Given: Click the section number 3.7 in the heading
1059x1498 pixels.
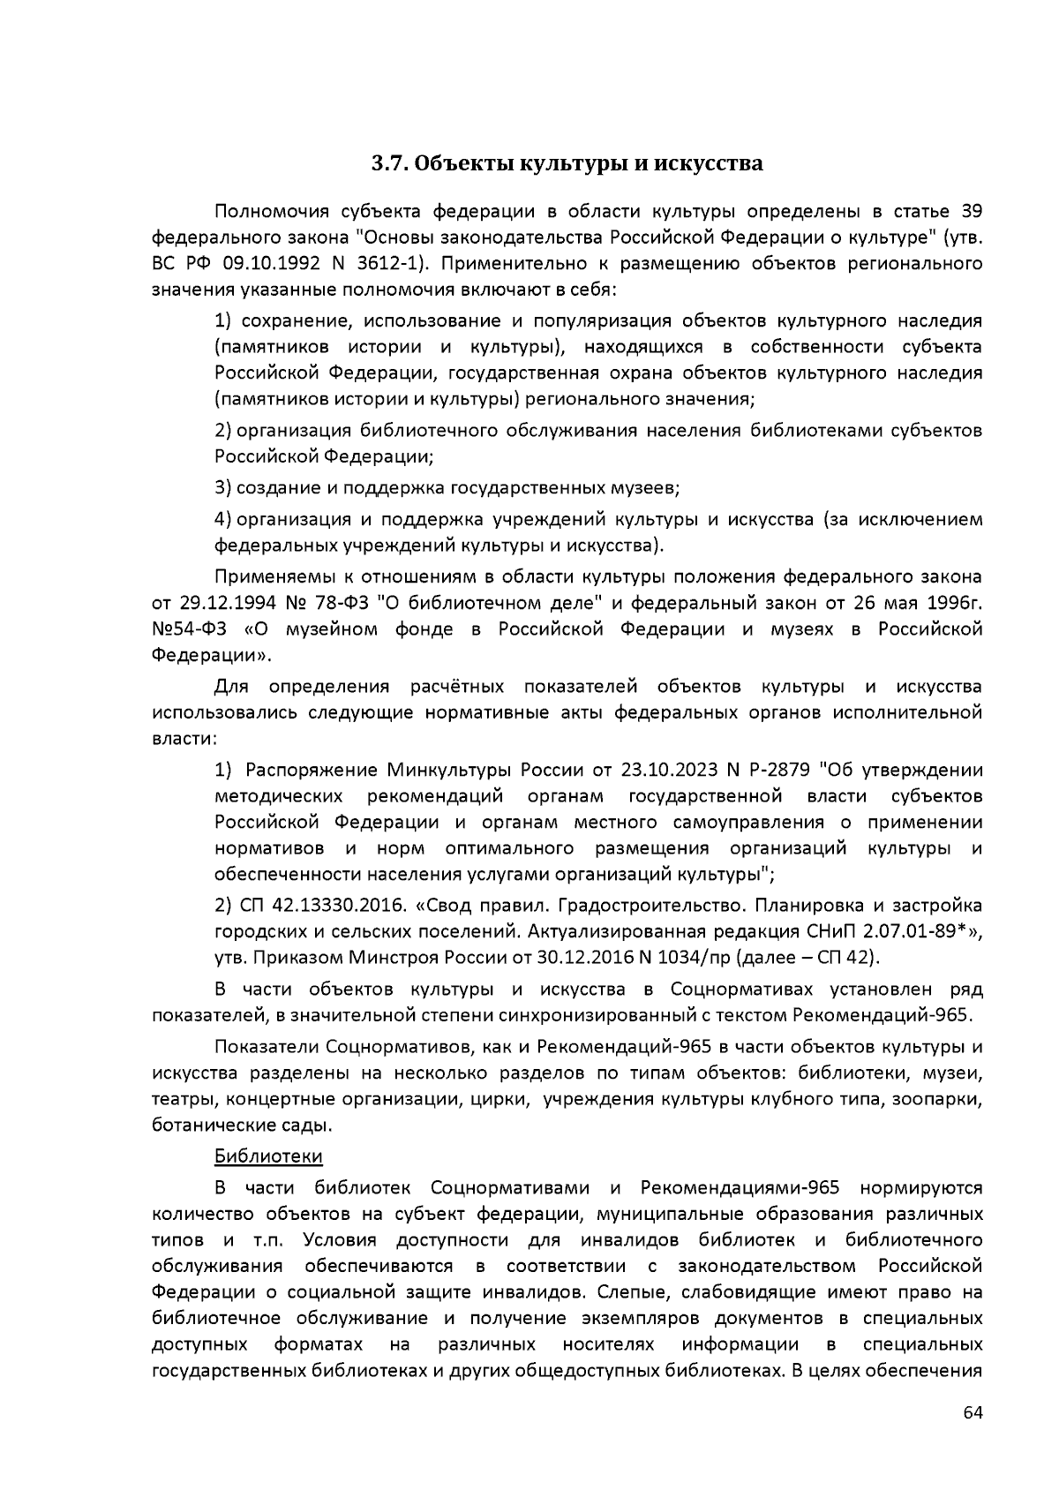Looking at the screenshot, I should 387,163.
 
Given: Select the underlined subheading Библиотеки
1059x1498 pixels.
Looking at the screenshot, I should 268,1155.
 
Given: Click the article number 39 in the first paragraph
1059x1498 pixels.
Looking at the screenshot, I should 970,212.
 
